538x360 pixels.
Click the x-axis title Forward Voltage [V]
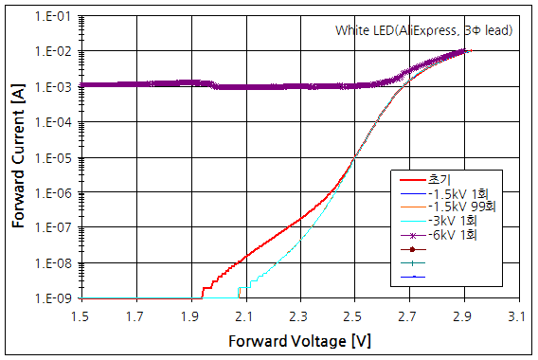299,340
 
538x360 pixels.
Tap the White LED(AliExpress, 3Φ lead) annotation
423,30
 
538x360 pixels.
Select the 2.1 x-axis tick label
244,315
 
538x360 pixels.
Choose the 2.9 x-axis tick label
462,315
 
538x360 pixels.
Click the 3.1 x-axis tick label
516,315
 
